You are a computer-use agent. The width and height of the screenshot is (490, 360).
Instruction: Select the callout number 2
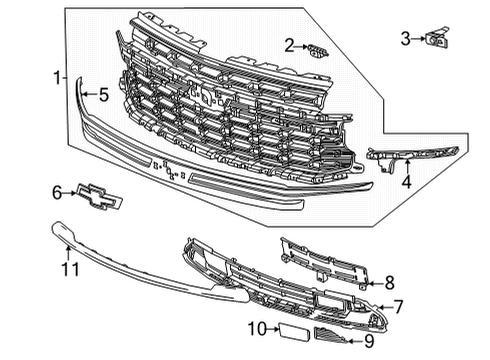[x=288, y=45]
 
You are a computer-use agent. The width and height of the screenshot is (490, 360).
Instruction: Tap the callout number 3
[x=406, y=39]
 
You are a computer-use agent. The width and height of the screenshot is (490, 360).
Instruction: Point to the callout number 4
[x=406, y=182]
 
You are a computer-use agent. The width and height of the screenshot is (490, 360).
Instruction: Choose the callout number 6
[x=57, y=191]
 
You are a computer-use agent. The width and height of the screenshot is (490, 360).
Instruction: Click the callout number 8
[x=390, y=282]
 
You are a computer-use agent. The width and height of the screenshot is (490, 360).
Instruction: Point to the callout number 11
[x=68, y=268]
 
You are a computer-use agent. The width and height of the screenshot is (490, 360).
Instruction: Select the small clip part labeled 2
[x=315, y=48]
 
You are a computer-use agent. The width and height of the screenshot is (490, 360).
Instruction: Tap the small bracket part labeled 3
[x=436, y=39]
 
